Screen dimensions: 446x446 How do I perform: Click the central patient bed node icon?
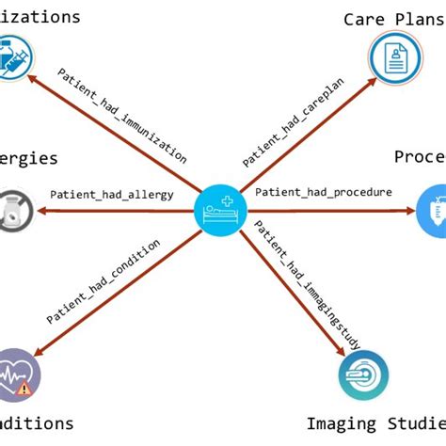pos(222,208)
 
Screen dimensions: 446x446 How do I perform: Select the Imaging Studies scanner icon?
pos(364,376)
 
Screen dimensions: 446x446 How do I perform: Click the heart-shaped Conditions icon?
pos(14,374)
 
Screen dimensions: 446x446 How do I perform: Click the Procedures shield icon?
pos(433,209)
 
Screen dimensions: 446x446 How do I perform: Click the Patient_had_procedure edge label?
pos(324,192)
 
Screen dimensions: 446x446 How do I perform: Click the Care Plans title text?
pos(392,19)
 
